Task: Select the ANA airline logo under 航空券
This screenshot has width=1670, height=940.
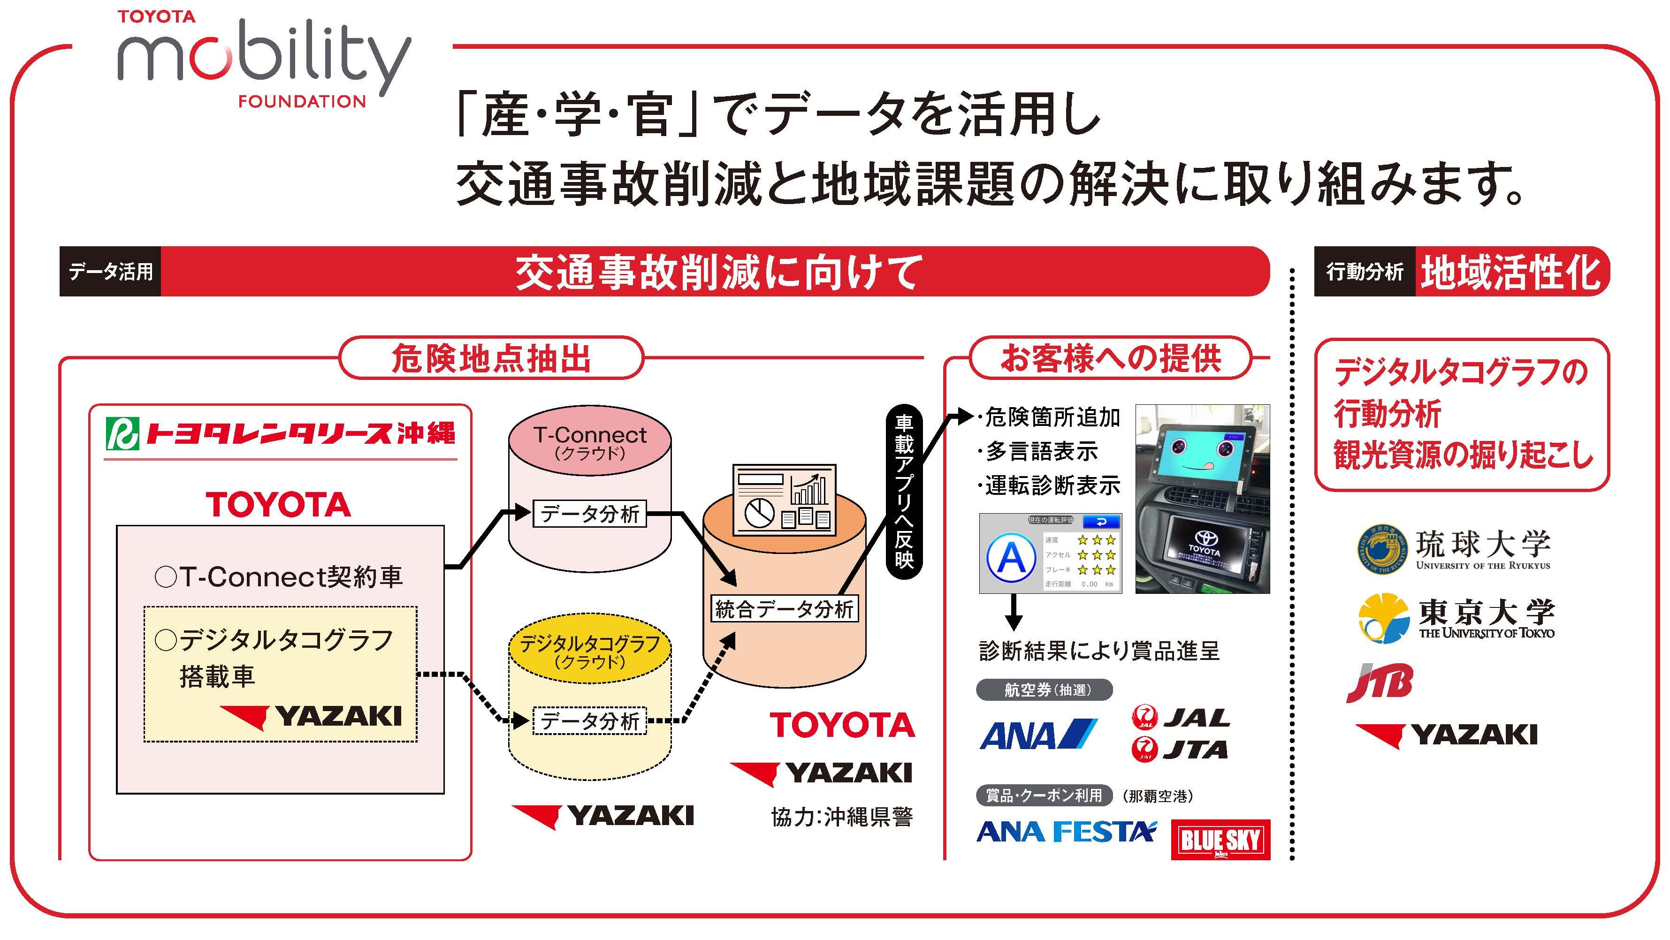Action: pos(1037,735)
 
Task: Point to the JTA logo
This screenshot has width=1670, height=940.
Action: pos(1180,750)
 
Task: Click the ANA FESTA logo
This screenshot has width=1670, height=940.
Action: pos(1066,832)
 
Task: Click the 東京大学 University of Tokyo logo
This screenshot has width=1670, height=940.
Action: pos(1456,617)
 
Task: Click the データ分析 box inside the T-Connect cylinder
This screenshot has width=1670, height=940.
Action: pos(589,514)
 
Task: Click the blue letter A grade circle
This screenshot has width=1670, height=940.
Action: pos(1011,558)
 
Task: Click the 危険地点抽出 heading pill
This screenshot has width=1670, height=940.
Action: pos(491,358)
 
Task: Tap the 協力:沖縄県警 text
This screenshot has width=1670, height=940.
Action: pos(841,817)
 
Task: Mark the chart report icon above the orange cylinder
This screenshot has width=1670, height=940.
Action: pos(784,499)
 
